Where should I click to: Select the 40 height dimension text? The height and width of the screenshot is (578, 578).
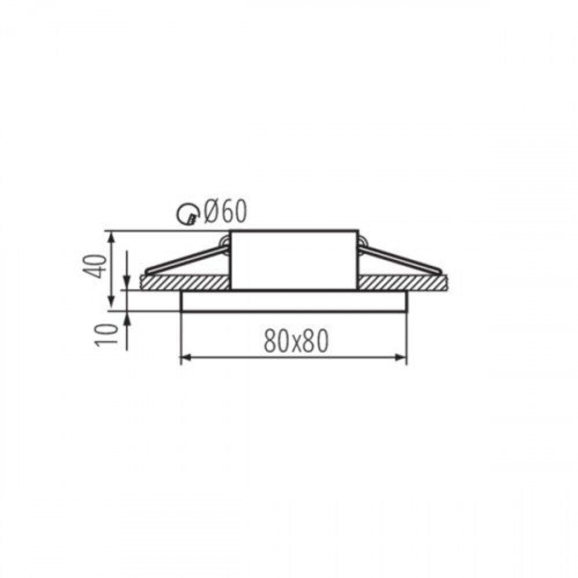coord(95,266)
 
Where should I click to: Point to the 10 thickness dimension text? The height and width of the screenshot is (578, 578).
coord(106,335)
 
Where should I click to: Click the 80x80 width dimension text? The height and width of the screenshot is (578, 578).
coord(295,341)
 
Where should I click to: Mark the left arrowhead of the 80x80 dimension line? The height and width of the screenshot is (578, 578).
coord(186,357)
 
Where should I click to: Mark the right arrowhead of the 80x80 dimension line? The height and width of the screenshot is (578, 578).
coord(401,357)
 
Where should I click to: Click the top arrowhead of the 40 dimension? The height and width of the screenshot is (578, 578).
coord(111,238)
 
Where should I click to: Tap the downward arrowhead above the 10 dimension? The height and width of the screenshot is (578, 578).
coord(127,284)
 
